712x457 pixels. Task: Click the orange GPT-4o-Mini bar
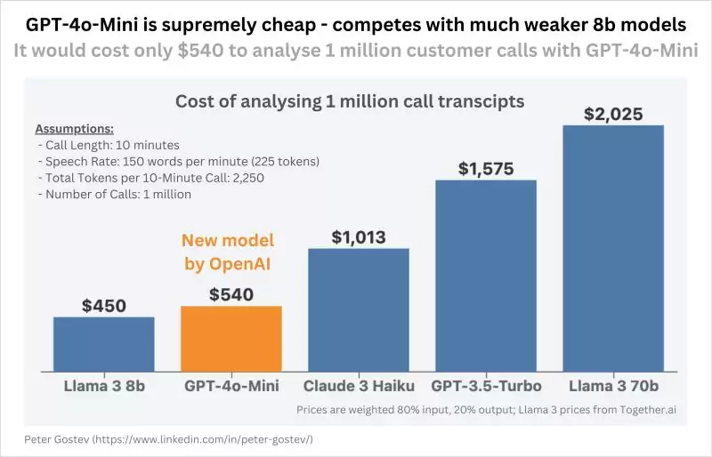pos(231,338)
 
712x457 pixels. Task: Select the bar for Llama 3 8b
pos(104,343)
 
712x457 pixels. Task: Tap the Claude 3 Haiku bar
pos(359,309)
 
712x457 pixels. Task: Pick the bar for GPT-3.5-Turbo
pos(486,275)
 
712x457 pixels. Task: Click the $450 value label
pos(104,306)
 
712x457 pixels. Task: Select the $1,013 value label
pos(359,237)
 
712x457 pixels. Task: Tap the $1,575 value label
pos(486,169)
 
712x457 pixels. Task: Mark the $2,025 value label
pos(613,115)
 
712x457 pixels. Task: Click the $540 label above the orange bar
pos(231,294)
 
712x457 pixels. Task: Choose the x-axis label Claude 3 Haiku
pos(359,386)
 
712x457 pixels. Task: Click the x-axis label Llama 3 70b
pos(613,386)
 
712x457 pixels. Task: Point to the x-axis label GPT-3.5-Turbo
pos(486,386)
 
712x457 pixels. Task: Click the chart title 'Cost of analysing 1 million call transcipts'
pos(350,101)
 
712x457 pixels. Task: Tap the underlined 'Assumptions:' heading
pos(74,129)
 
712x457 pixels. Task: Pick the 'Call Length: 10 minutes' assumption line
pos(109,145)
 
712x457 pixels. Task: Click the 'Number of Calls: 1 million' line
pos(115,194)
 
